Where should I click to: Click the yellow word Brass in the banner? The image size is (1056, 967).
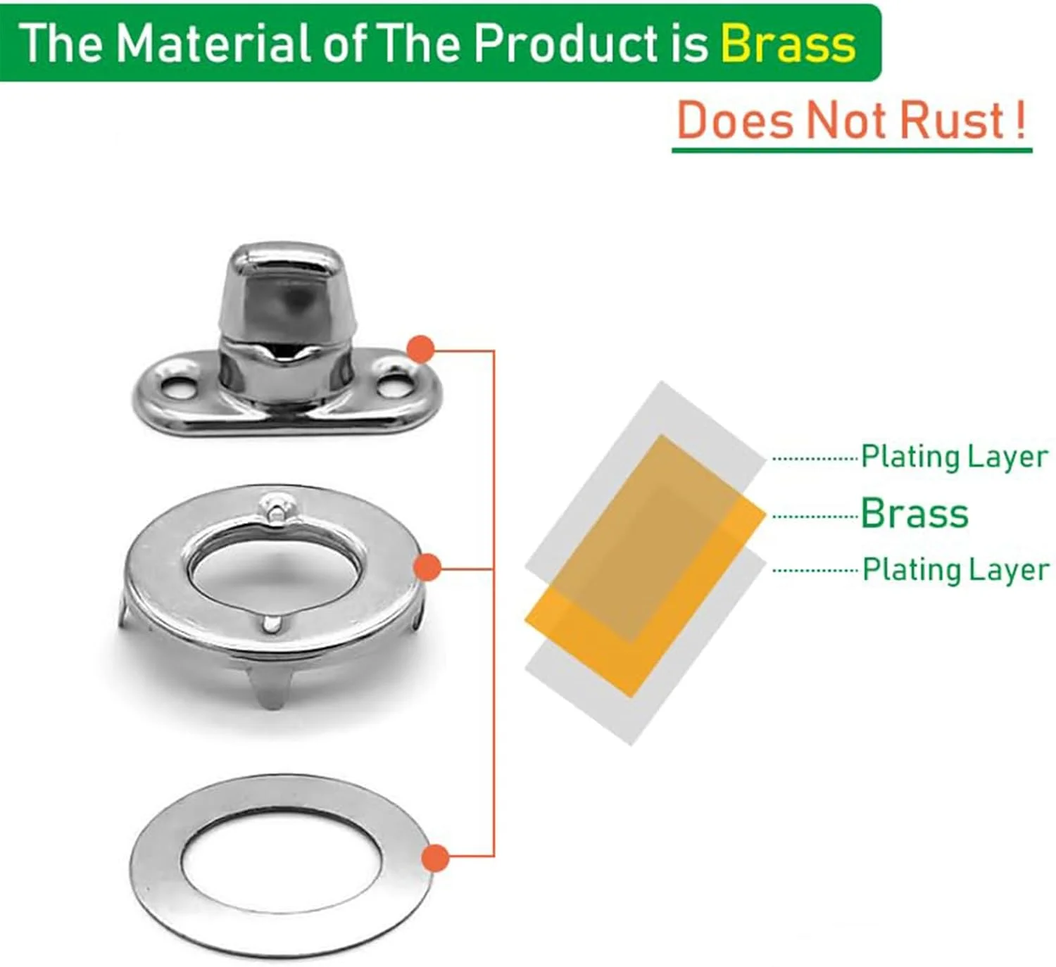[788, 44]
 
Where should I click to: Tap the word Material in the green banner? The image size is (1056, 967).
[214, 44]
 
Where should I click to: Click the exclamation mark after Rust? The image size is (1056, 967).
[1020, 120]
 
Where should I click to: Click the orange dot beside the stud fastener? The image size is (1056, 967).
[420, 349]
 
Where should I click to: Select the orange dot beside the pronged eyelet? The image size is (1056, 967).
[427, 568]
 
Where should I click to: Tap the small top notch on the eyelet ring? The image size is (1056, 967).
[274, 508]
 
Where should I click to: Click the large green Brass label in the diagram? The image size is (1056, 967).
[914, 513]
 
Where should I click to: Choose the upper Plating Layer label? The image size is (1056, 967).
[955, 457]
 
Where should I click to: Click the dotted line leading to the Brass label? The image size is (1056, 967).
[815, 517]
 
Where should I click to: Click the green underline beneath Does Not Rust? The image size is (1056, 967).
[852, 151]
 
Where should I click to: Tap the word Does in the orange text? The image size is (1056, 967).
[735, 120]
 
